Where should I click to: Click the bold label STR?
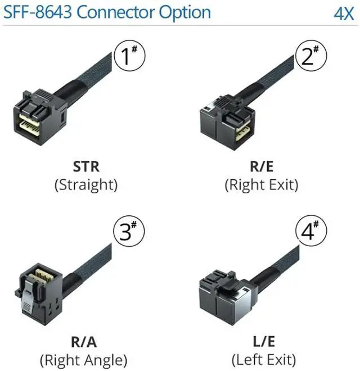click(x=85, y=167)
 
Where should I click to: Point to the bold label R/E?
click(x=261, y=167)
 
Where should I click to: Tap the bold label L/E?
click(x=261, y=342)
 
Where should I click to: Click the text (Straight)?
click(x=85, y=185)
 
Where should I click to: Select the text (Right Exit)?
click(x=261, y=185)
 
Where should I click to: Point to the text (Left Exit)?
click(x=261, y=360)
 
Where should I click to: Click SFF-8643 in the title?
click(x=38, y=12)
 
